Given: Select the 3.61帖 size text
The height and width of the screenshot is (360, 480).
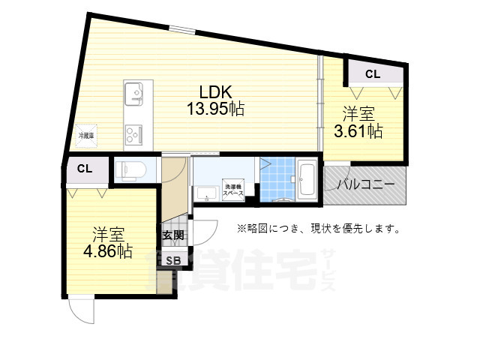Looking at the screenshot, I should (x=358, y=131).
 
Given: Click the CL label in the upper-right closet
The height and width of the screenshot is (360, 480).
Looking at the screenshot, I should (x=373, y=73).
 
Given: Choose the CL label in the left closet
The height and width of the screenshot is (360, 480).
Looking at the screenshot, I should (x=85, y=169).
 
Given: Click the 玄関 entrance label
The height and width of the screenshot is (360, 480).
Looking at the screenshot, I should (x=172, y=235).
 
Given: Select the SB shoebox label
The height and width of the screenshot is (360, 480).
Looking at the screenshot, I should (x=172, y=261).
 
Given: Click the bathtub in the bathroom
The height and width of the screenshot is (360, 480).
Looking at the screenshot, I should (x=308, y=180).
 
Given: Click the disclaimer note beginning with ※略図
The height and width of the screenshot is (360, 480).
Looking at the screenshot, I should (x=319, y=228).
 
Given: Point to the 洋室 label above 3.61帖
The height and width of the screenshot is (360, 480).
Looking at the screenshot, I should (x=358, y=115).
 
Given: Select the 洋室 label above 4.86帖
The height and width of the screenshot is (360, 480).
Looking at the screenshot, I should (x=108, y=233).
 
